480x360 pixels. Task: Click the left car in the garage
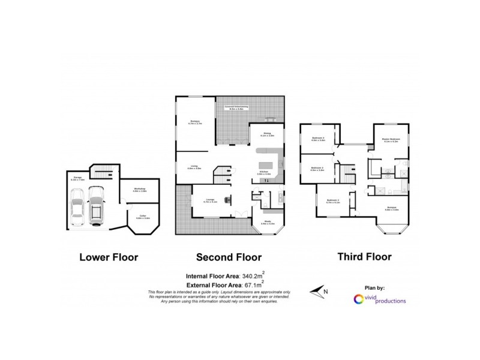tap(78, 207)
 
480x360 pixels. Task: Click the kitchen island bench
tap(266, 164)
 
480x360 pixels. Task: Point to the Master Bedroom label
tap(391, 139)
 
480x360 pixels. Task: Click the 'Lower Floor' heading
tap(109, 257)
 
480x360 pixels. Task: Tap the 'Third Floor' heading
tap(364, 257)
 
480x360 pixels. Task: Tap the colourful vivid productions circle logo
tap(359, 298)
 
